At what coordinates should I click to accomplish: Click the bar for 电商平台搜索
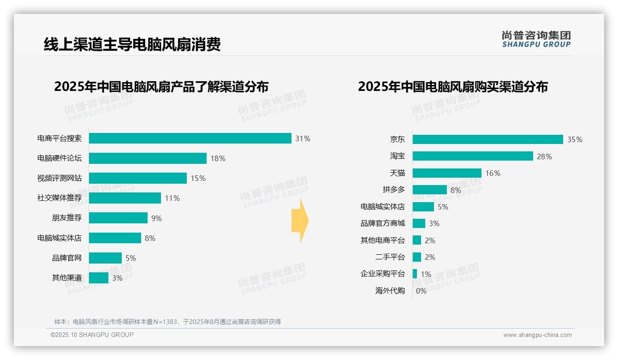click(190, 138)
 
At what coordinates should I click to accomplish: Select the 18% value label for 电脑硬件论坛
click(218, 158)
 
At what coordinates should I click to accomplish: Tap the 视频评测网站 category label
click(59, 178)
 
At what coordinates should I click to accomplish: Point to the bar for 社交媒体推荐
click(125, 198)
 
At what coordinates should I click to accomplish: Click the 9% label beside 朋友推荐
click(156, 218)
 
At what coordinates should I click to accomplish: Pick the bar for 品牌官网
click(105, 258)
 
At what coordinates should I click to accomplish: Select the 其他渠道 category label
click(67, 278)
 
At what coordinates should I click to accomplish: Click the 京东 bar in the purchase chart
click(488, 139)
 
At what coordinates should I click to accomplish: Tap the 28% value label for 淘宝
click(544, 156)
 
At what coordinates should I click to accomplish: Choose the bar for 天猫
click(447, 173)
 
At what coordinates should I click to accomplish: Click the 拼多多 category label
click(393, 190)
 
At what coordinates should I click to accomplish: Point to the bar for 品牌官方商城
click(419, 223)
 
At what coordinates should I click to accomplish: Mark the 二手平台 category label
click(390, 257)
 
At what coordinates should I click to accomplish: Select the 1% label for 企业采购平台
click(426, 274)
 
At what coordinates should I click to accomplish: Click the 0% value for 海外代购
click(421, 291)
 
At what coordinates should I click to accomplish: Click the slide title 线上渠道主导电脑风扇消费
click(132, 44)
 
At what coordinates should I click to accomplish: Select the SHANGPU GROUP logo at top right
click(536, 39)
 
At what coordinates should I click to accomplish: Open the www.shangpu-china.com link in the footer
click(537, 335)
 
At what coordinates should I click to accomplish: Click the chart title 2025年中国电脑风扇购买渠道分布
click(452, 87)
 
